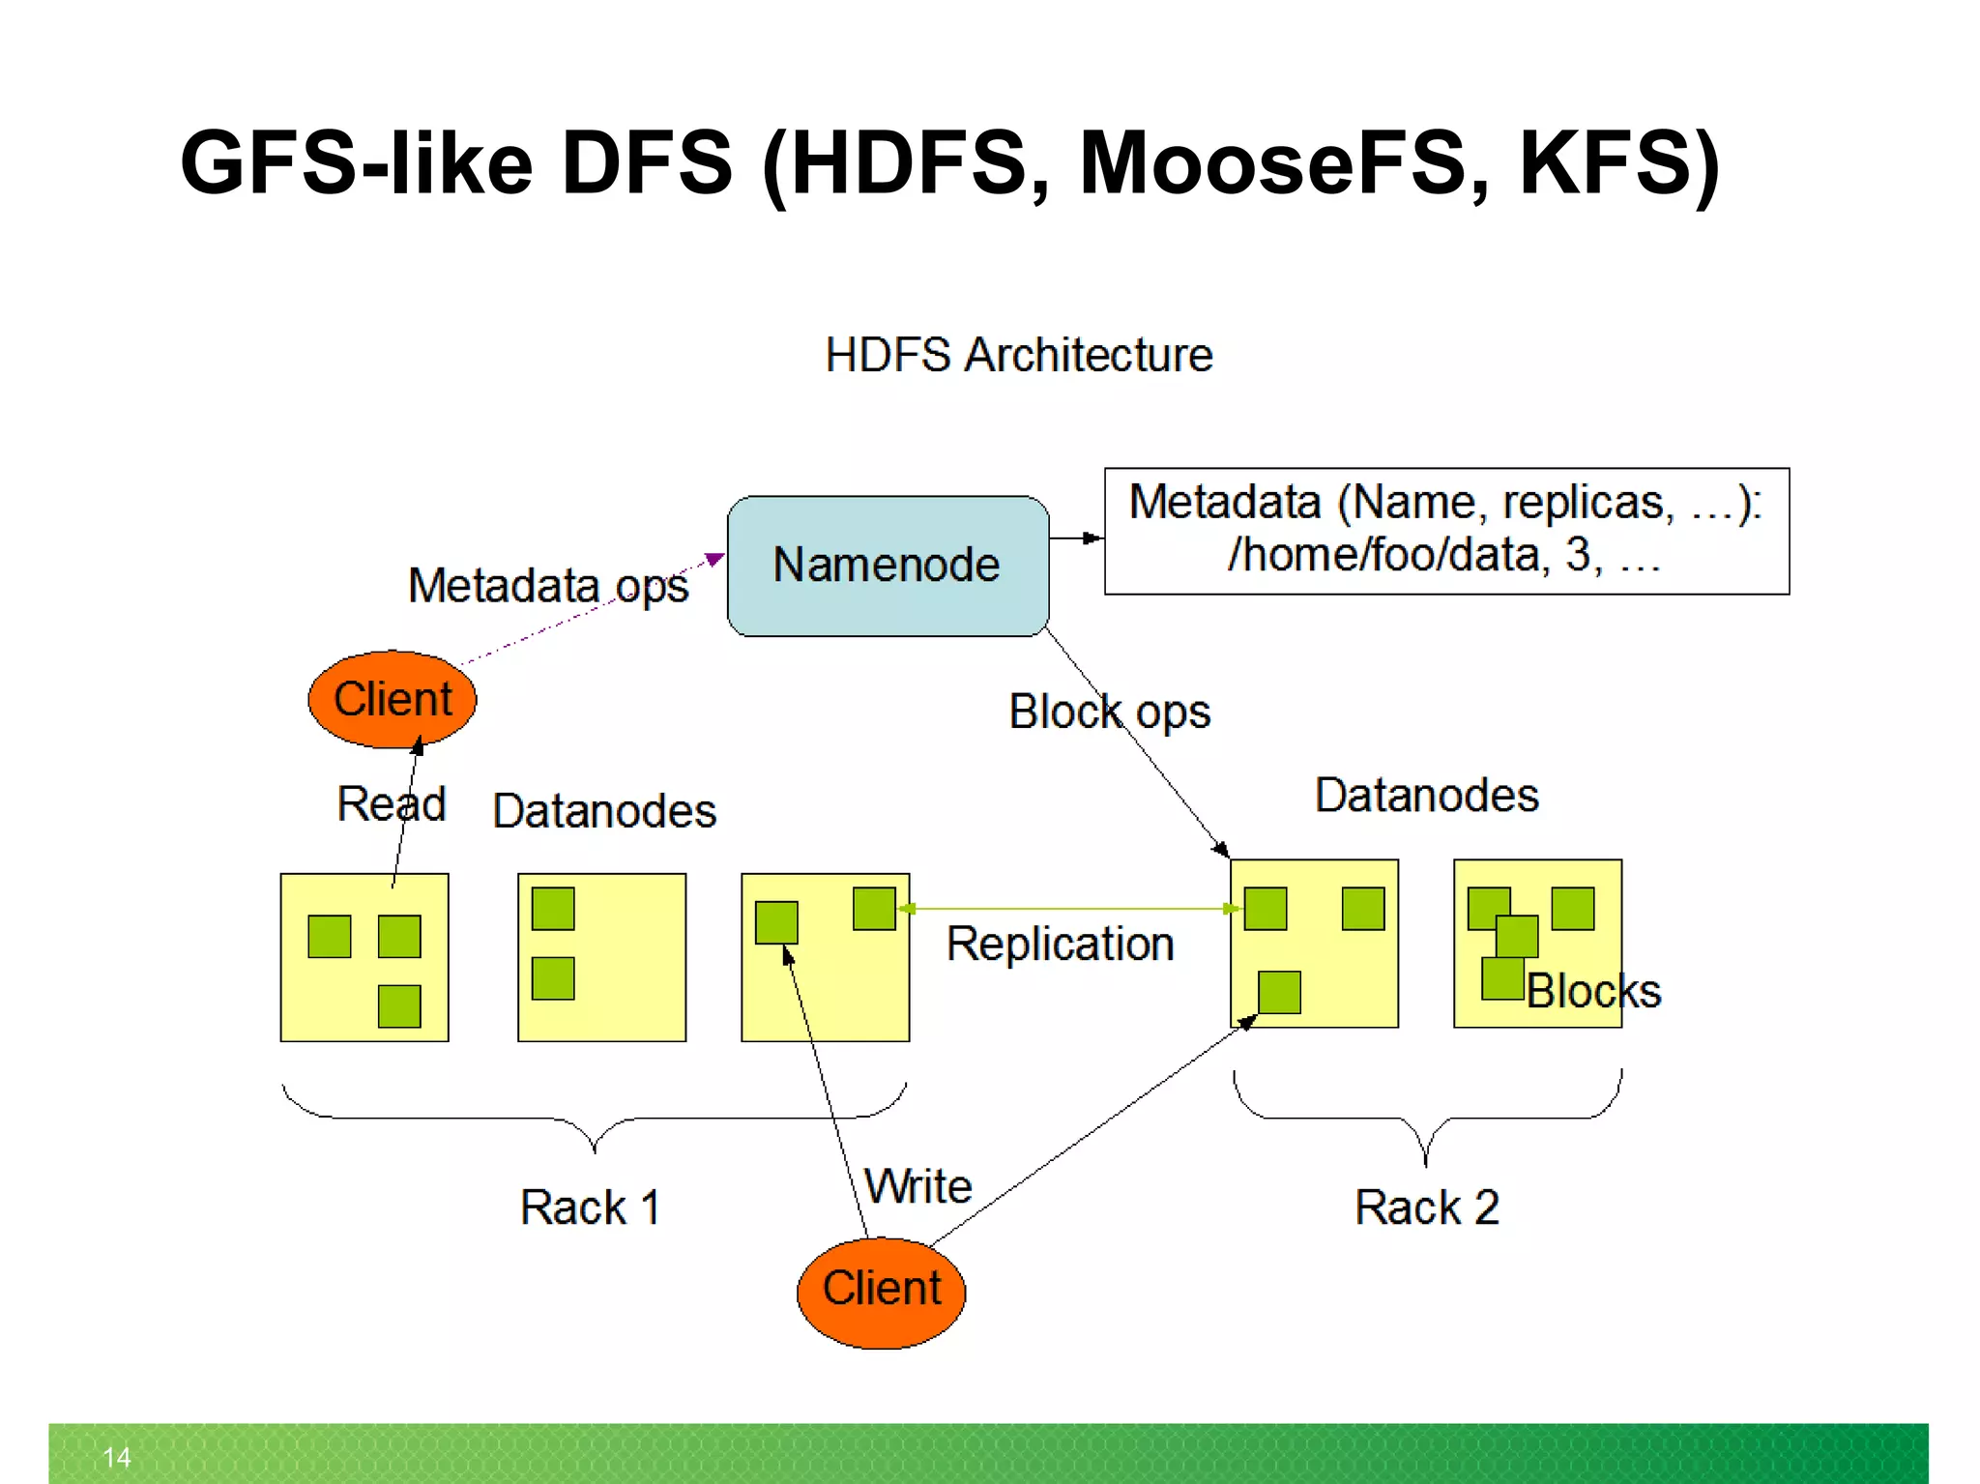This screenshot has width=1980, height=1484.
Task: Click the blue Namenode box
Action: point(887,566)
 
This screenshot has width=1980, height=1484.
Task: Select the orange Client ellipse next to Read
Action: point(392,699)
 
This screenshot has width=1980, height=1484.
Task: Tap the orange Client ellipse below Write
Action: point(881,1291)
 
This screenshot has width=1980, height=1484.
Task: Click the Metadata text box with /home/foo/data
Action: point(1445,531)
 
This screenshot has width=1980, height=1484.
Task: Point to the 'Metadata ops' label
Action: point(547,586)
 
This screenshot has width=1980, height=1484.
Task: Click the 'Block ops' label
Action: point(1109,713)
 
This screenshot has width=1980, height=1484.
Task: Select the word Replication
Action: point(1060,944)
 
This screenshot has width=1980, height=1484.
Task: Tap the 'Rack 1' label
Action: point(590,1208)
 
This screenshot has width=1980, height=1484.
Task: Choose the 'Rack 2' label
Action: point(1426,1208)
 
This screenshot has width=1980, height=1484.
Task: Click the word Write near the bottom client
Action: point(917,1186)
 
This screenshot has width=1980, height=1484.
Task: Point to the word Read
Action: point(391,804)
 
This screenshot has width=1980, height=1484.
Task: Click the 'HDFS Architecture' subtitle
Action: point(1018,355)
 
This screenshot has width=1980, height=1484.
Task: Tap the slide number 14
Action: point(116,1457)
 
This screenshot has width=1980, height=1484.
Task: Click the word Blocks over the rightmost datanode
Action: point(1593,991)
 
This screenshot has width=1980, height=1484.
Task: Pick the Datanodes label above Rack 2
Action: point(1426,796)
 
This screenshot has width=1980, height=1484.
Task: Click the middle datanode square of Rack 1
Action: point(601,957)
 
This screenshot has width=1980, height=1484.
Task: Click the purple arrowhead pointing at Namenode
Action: point(714,559)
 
